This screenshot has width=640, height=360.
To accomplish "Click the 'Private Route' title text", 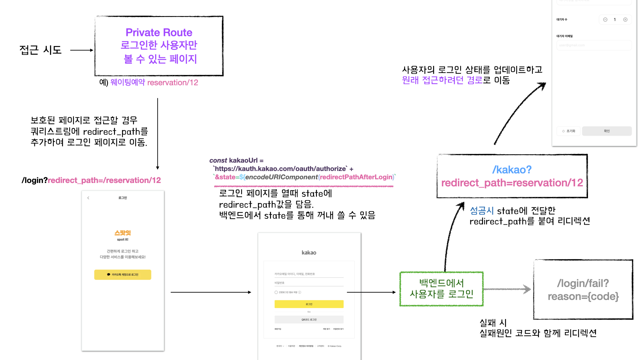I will tap(159, 32).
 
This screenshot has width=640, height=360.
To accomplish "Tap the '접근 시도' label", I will tap(40, 50).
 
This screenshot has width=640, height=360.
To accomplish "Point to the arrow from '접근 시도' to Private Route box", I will tap(82, 50).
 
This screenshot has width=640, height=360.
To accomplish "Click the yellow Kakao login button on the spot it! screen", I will tap(123, 275).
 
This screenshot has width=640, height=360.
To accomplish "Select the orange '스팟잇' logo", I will tap(123, 233).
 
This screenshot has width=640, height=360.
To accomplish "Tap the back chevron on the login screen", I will tap(88, 198).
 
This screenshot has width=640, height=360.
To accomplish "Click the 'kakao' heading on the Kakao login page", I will tap(309, 253).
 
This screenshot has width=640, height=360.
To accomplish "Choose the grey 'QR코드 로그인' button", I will tap(309, 319).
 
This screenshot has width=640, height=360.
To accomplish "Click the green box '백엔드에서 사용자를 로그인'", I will tap(441, 289).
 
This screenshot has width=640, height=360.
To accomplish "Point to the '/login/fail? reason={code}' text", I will tap(583, 290).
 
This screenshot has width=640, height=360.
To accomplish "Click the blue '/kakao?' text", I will tap(512, 170).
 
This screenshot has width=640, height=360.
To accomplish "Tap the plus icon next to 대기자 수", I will tap(625, 20).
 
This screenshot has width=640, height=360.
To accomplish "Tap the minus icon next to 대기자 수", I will tap(605, 20).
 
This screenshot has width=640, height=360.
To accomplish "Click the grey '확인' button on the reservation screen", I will tap(607, 131).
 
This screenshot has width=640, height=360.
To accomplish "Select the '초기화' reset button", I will tap(569, 131).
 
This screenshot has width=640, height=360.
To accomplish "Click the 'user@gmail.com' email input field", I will tap(594, 45).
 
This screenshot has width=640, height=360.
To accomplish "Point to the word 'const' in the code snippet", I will tap(218, 160).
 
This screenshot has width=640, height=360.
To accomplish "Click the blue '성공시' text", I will tap(482, 211).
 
